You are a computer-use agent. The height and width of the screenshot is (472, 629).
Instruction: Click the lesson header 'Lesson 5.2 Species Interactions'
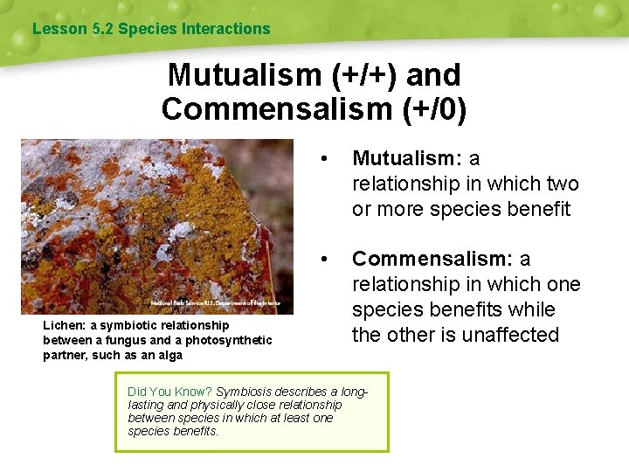(x=151, y=29)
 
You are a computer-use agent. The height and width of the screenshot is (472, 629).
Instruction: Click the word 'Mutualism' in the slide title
(x=245, y=75)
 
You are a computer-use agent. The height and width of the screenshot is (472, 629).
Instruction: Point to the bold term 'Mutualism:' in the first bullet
(x=407, y=159)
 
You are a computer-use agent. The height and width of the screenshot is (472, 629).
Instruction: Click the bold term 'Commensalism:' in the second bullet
(x=432, y=260)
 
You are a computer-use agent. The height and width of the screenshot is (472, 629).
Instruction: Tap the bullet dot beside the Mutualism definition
(x=325, y=159)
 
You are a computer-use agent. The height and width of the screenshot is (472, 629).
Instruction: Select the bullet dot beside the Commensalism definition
(x=325, y=260)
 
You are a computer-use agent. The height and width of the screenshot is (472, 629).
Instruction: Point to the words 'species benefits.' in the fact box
(x=173, y=431)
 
